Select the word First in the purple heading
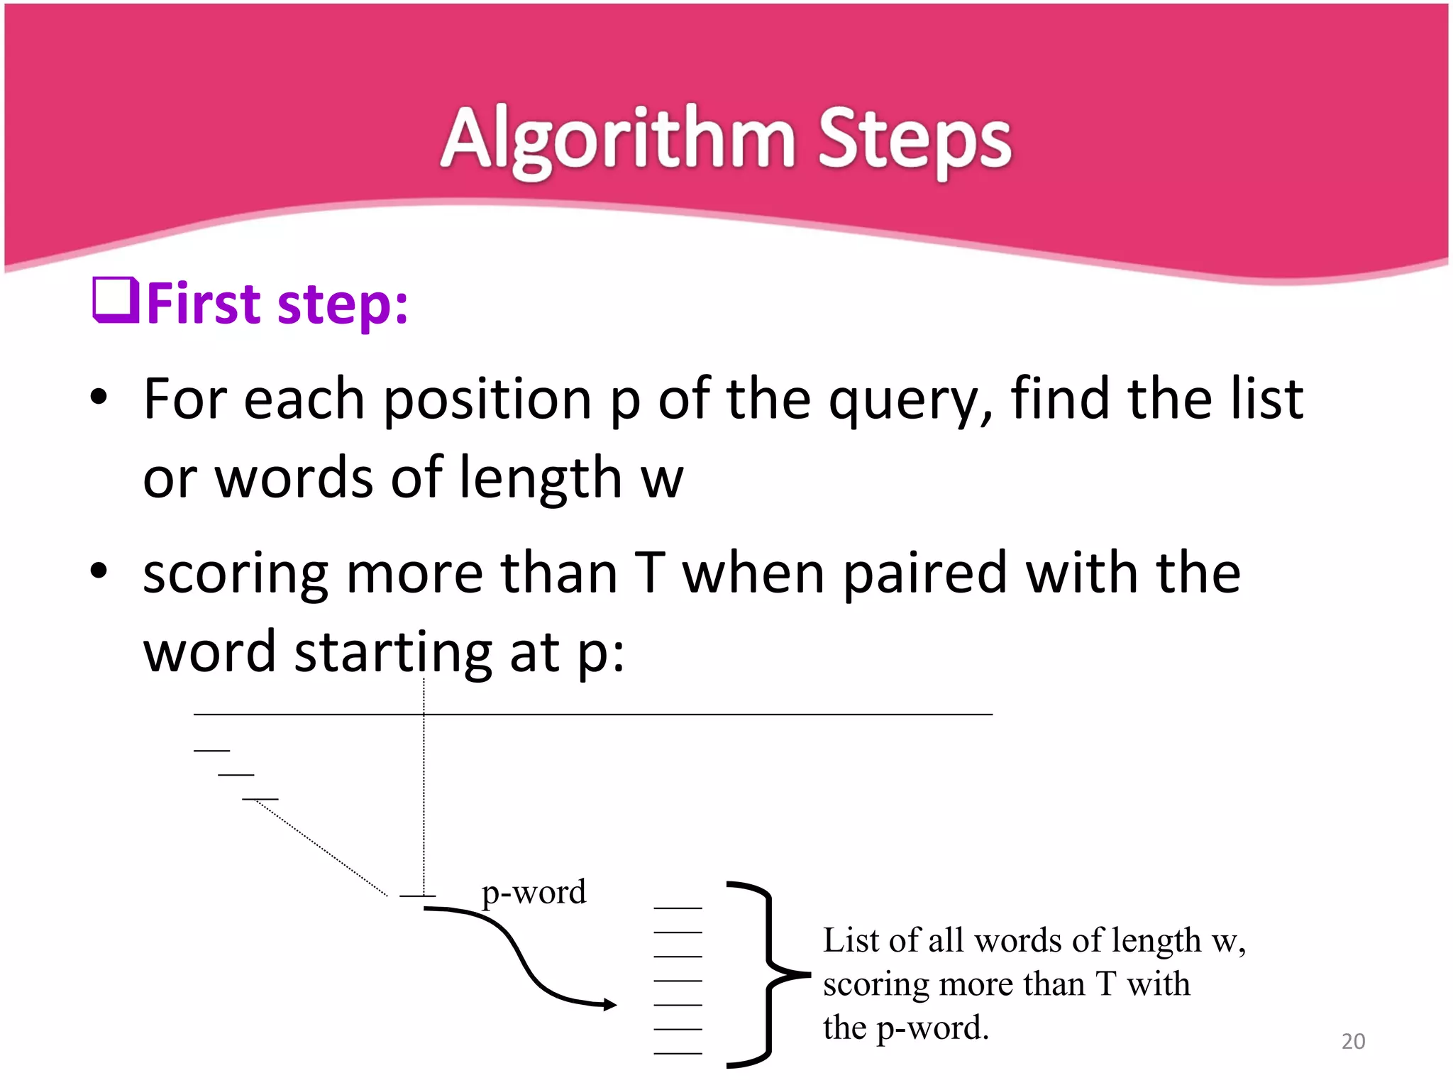[205, 304]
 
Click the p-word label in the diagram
[534, 892]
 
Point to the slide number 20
[1353, 1041]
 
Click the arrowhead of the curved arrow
[609, 1004]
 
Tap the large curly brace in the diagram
[766, 974]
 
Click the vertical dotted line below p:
[424, 802]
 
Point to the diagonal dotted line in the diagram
[319, 847]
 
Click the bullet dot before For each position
[99, 398]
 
